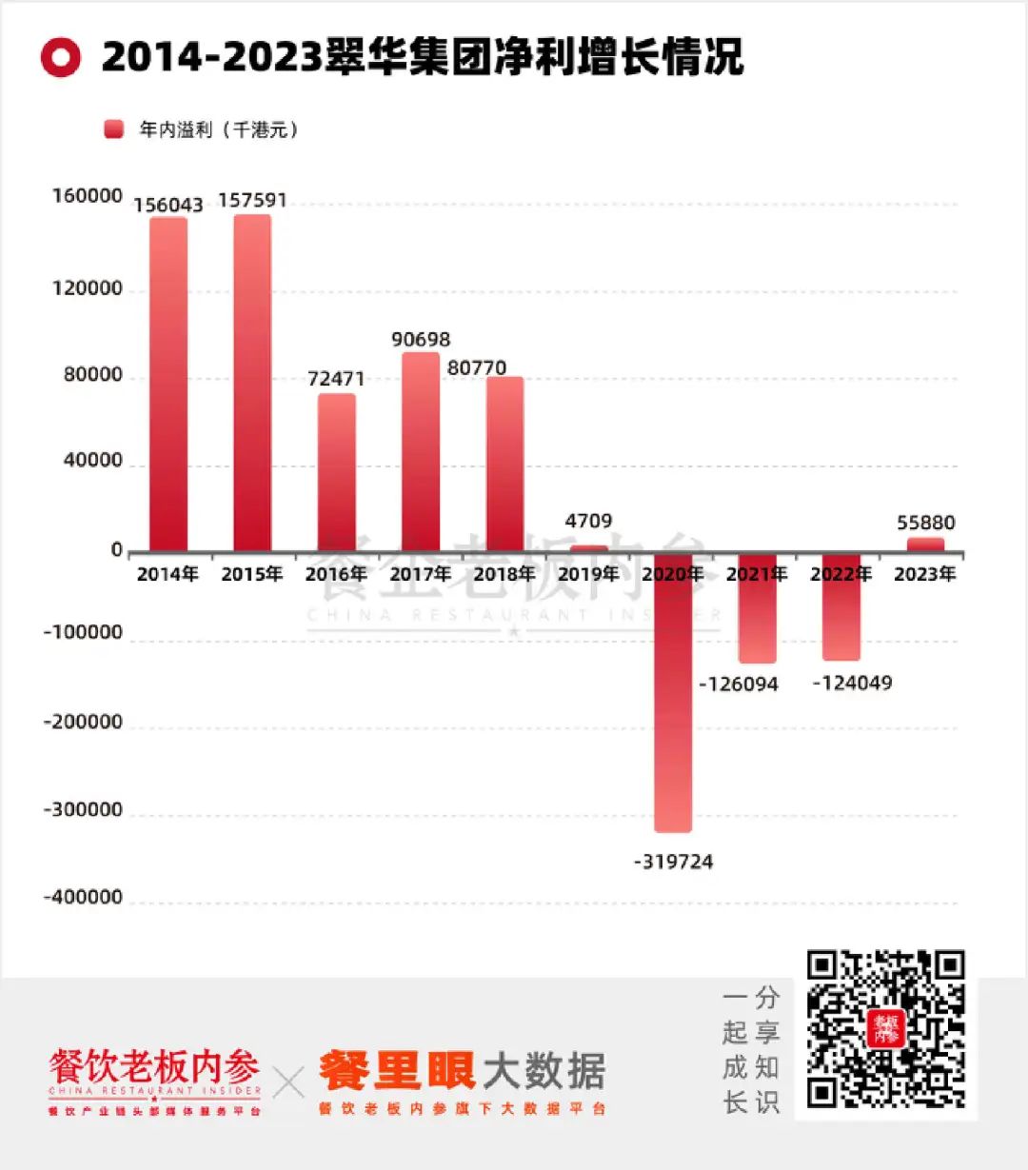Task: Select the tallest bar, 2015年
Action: (252, 383)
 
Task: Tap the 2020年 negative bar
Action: (673, 693)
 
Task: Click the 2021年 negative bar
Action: (757, 608)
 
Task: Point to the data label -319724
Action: (673, 862)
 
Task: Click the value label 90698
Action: (421, 340)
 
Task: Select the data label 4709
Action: (588, 521)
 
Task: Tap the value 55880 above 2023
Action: (925, 523)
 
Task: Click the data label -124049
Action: (852, 683)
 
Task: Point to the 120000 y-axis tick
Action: (88, 289)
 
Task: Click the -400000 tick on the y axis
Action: (83, 898)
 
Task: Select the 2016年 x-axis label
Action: (336, 574)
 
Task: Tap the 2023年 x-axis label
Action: (924, 574)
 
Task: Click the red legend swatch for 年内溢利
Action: (114, 129)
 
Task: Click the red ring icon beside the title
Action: (61, 58)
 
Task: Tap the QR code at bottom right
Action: (885, 1029)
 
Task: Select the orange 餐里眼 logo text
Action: (397, 1071)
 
